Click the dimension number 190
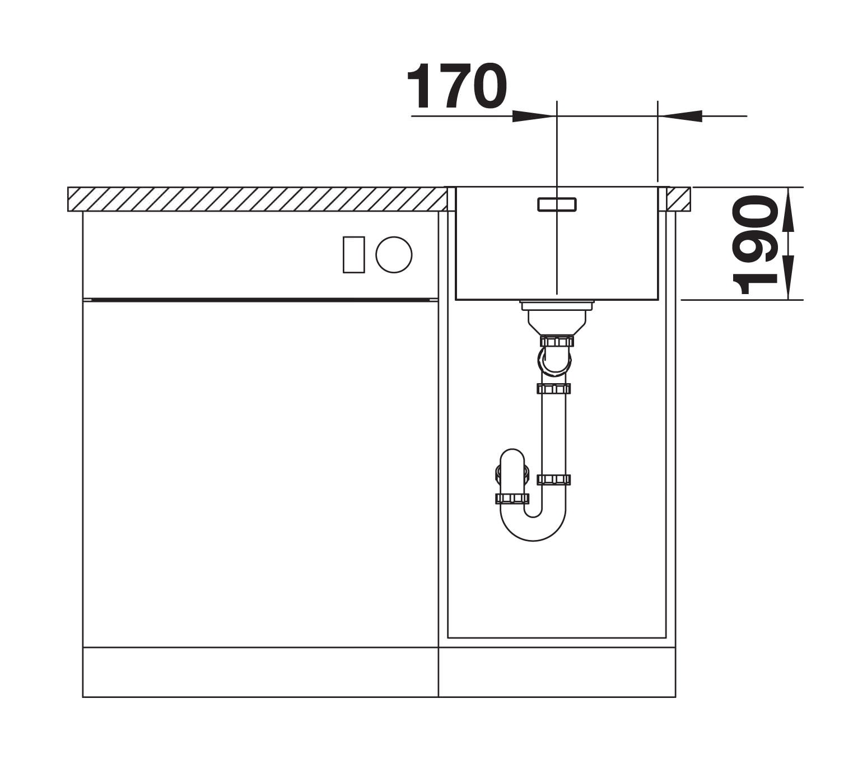[x=754, y=244]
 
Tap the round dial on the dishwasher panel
[x=394, y=255]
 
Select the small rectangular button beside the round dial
[x=353, y=255]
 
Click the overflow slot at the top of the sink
[x=557, y=204]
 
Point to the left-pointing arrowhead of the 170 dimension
[x=680, y=116]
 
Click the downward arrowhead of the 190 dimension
[x=788, y=277]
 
